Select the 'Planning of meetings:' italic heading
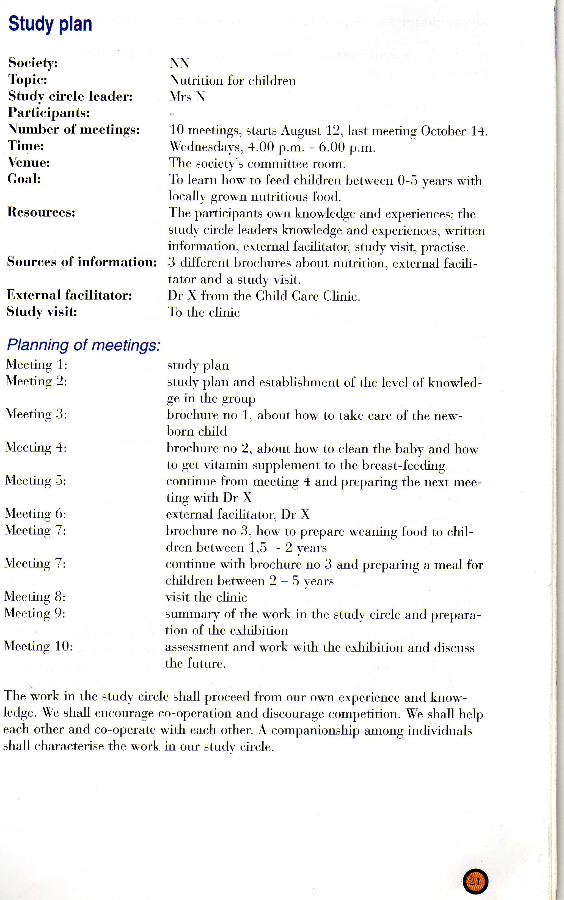click(84, 345)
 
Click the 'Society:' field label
click(33, 63)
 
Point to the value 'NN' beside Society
click(179, 63)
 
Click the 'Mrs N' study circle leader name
click(187, 96)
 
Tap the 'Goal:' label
click(24, 179)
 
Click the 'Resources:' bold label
click(41, 212)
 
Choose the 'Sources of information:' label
click(82, 262)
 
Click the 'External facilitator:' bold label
click(69, 295)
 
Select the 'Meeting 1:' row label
click(37, 364)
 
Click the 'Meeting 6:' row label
click(35, 514)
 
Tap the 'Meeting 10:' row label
click(38, 646)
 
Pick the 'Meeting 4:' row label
click(36, 447)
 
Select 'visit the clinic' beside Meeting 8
click(206, 597)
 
